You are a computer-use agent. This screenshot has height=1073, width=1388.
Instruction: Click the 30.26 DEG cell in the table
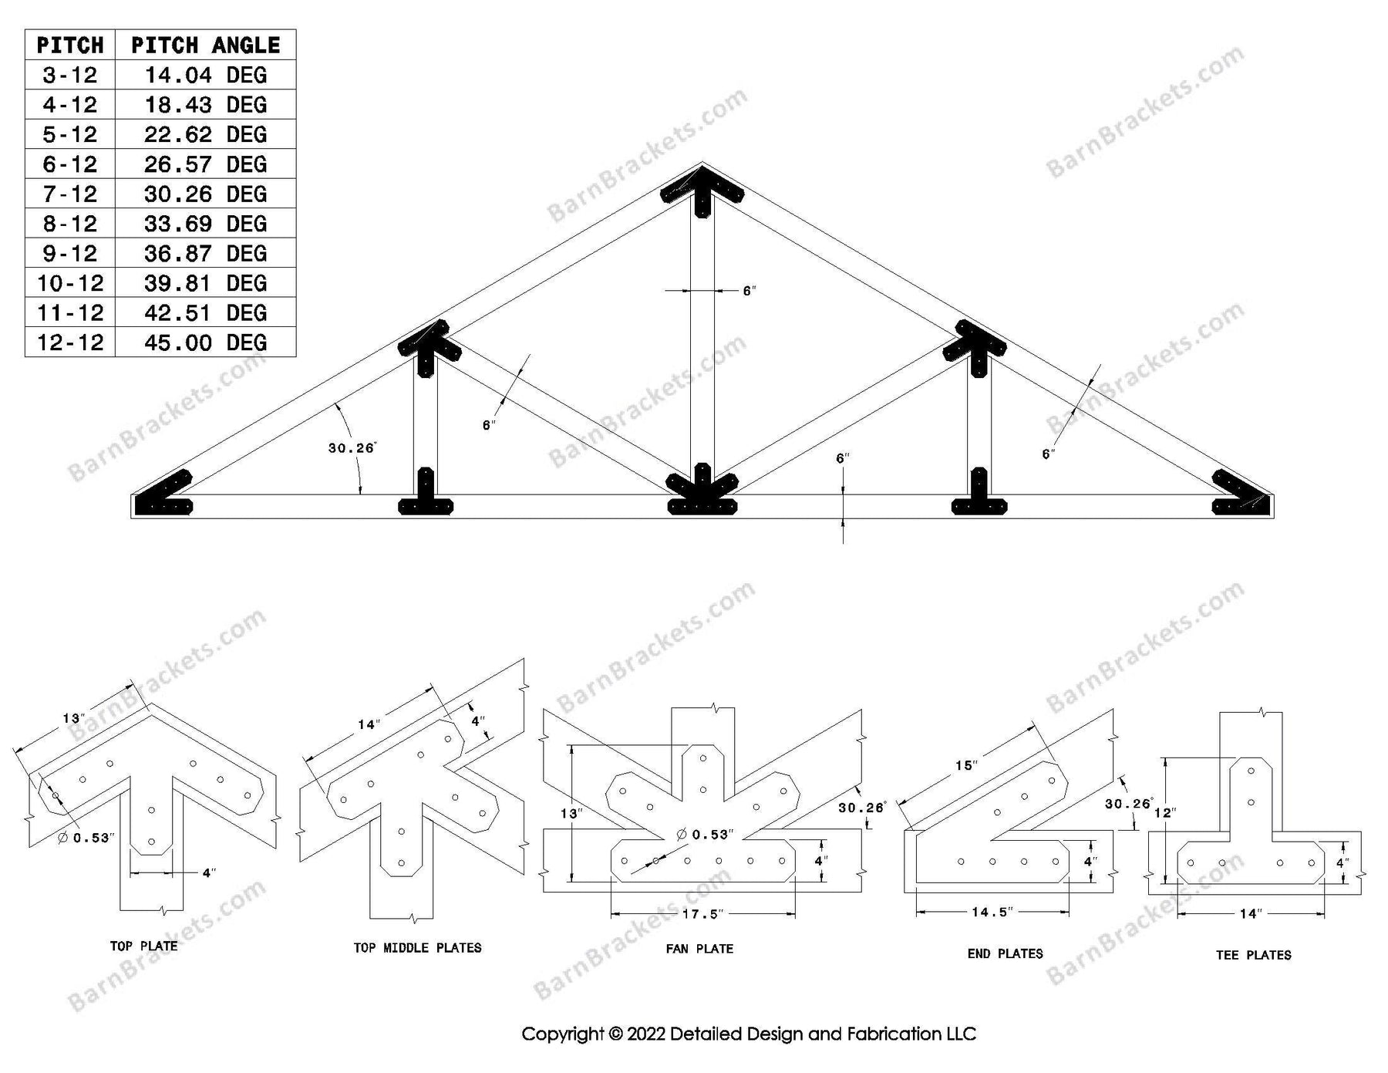205,194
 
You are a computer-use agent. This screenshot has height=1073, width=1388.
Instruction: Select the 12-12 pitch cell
70,342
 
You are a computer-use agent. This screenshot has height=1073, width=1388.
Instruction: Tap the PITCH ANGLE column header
205,45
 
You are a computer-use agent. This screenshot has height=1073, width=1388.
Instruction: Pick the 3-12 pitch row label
70,75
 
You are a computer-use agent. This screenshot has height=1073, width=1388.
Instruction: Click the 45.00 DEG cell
205,342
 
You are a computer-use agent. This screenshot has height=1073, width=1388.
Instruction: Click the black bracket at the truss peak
702,190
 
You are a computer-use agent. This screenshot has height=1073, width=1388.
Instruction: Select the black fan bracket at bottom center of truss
702,494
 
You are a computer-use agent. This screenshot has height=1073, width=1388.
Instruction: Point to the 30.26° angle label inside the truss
352,448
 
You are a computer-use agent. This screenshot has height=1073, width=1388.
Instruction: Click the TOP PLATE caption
143,946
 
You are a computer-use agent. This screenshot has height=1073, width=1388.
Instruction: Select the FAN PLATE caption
699,948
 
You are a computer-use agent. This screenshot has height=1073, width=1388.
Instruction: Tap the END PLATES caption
1005,953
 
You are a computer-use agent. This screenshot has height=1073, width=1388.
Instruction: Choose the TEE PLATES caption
1253,954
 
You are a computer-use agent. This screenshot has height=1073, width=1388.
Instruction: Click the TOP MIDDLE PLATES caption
417,947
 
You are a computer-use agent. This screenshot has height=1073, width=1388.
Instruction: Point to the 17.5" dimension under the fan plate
702,914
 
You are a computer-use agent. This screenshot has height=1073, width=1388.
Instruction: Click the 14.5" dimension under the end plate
992,912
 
